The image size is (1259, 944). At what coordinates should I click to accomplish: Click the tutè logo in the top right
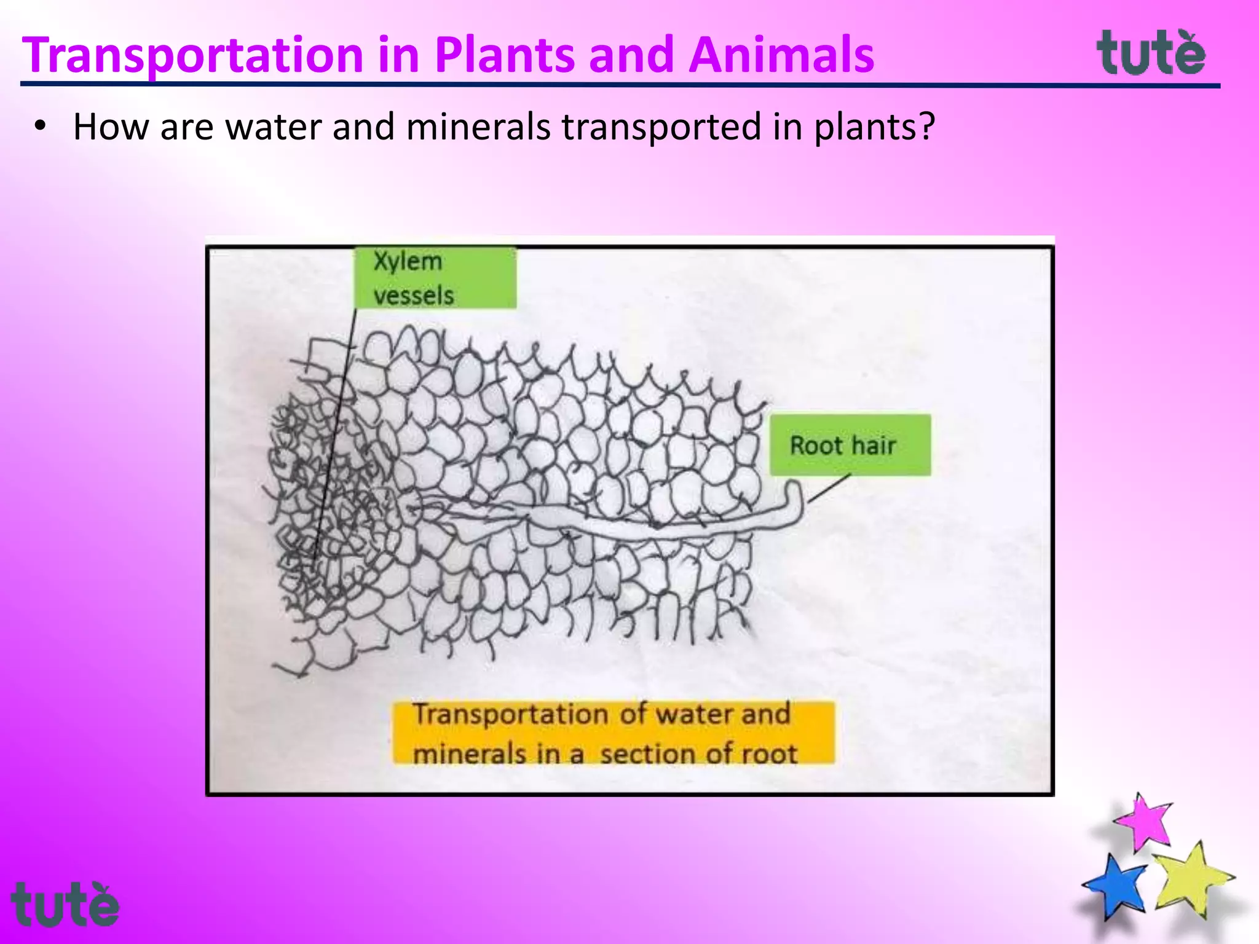1151,53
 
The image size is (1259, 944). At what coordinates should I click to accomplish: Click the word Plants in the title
505,55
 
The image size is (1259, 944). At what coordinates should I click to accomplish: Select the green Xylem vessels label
435,278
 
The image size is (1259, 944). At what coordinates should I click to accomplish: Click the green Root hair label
850,444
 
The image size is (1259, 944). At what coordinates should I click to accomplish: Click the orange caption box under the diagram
614,733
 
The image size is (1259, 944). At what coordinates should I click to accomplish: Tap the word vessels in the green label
414,296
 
